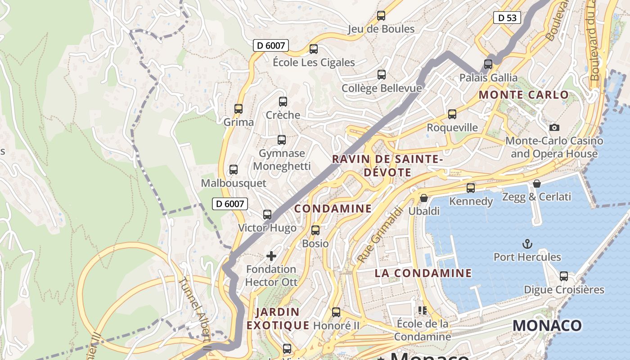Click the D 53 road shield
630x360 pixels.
click(x=507, y=18)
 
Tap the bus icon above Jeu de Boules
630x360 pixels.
click(x=381, y=16)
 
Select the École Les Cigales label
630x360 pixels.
click(x=314, y=62)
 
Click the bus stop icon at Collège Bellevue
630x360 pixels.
click(x=382, y=74)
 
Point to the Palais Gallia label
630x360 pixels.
click(x=488, y=77)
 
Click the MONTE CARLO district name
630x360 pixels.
click(x=524, y=95)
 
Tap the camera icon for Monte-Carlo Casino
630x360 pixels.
click(x=554, y=127)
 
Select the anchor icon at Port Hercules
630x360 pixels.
click(x=527, y=244)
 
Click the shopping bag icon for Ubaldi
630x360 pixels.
click(x=424, y=198)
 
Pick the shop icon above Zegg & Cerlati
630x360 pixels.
click(x=536, y=184)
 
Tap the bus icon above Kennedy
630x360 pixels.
click(x=471, y=188)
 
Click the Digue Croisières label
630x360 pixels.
click(x=564, y=289)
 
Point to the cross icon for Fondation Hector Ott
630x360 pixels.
click(x=271, y=256)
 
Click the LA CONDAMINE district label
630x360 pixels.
click(x=423, y=273)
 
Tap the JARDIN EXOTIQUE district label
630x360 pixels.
click(x=278, y=318)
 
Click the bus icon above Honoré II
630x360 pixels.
click(x=336, y=312)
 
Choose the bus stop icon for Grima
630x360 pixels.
click(x=238, y=109)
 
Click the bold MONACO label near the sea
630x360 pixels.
click(x=547, y=325)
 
